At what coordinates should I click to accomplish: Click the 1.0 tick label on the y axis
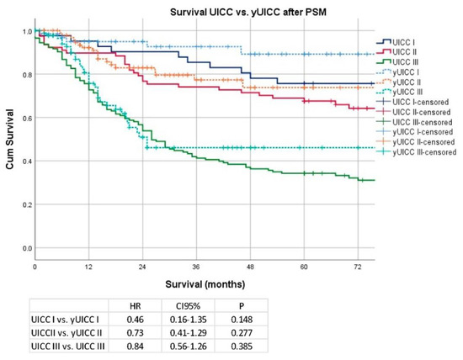click(x=25, y=31)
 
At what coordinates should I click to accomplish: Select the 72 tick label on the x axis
click(x=358, y=266)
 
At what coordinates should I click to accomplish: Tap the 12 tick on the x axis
click(x=88, y=266)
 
